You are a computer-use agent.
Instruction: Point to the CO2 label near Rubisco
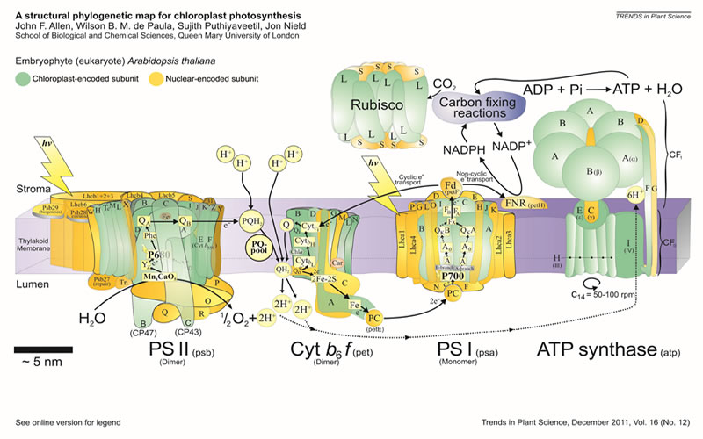pos(445,85)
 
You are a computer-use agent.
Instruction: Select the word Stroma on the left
pos(31,189)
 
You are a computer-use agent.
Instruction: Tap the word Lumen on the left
pos(31,284)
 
